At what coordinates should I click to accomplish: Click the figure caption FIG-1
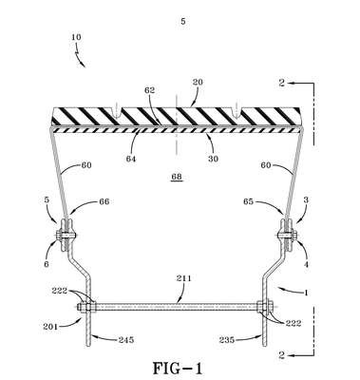tap(178, 369)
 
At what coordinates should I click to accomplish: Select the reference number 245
tap(126, 340)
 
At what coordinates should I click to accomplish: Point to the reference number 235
tap(227, 340)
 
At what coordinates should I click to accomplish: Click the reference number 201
tap(50, 326)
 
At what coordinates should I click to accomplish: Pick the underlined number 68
tap(177, 177)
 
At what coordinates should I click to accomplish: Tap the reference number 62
tap(149, 90)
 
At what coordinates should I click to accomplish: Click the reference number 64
tap(131, 159)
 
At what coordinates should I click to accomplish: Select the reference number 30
tap(213, 159)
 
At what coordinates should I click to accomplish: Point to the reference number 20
tap(197, 82)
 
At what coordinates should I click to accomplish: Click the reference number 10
tap(76, 37)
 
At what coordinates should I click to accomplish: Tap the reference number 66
tap(104, 201)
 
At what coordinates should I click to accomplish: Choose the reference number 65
tap(249, 201)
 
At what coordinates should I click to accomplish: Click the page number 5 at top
tap(183, 22)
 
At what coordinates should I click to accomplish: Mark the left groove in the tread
tap(117, 110)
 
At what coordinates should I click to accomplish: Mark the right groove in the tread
tap(236, 110)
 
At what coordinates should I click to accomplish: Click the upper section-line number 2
tap(282, 83)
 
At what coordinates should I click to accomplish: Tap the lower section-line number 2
tap(281, 355)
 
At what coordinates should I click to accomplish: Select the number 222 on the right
tap(294, 323)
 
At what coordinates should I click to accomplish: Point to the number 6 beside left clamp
tap(47, 264)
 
